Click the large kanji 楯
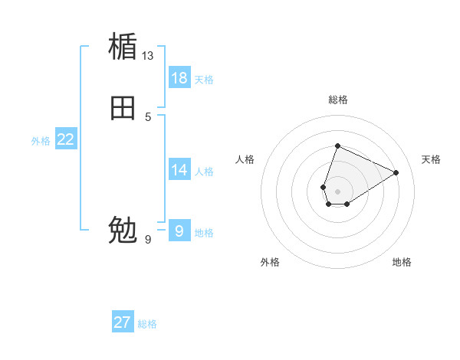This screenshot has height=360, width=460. coord(123,46)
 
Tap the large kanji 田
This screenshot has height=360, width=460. coord(123,108)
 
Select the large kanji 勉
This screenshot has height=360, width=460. coord(123,229)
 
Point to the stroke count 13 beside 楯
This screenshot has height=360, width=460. coord(148,56)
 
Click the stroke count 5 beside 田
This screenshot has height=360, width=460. coord(148,117)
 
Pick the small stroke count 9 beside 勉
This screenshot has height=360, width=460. coord(148,240)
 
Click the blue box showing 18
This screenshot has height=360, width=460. coord(179,78)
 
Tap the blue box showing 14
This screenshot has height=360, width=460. coord(179,170)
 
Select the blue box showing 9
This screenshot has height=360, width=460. coord(179,231)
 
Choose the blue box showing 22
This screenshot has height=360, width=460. coord(66,139)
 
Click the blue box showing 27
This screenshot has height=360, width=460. coord(123,322)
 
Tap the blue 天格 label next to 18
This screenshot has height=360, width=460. coord(204,80)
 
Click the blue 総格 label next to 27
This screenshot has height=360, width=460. coord(147,324)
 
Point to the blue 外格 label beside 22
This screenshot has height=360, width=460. coord(41,141)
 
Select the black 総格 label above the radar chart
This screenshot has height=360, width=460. coord(337,100)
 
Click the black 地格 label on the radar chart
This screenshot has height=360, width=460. coord(402,262)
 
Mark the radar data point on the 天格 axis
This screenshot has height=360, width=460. coord(396,172)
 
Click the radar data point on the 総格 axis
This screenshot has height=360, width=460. coord(337,146)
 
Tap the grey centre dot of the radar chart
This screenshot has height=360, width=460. coord(337,191)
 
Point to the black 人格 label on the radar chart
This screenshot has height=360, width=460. coord(245,159)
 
